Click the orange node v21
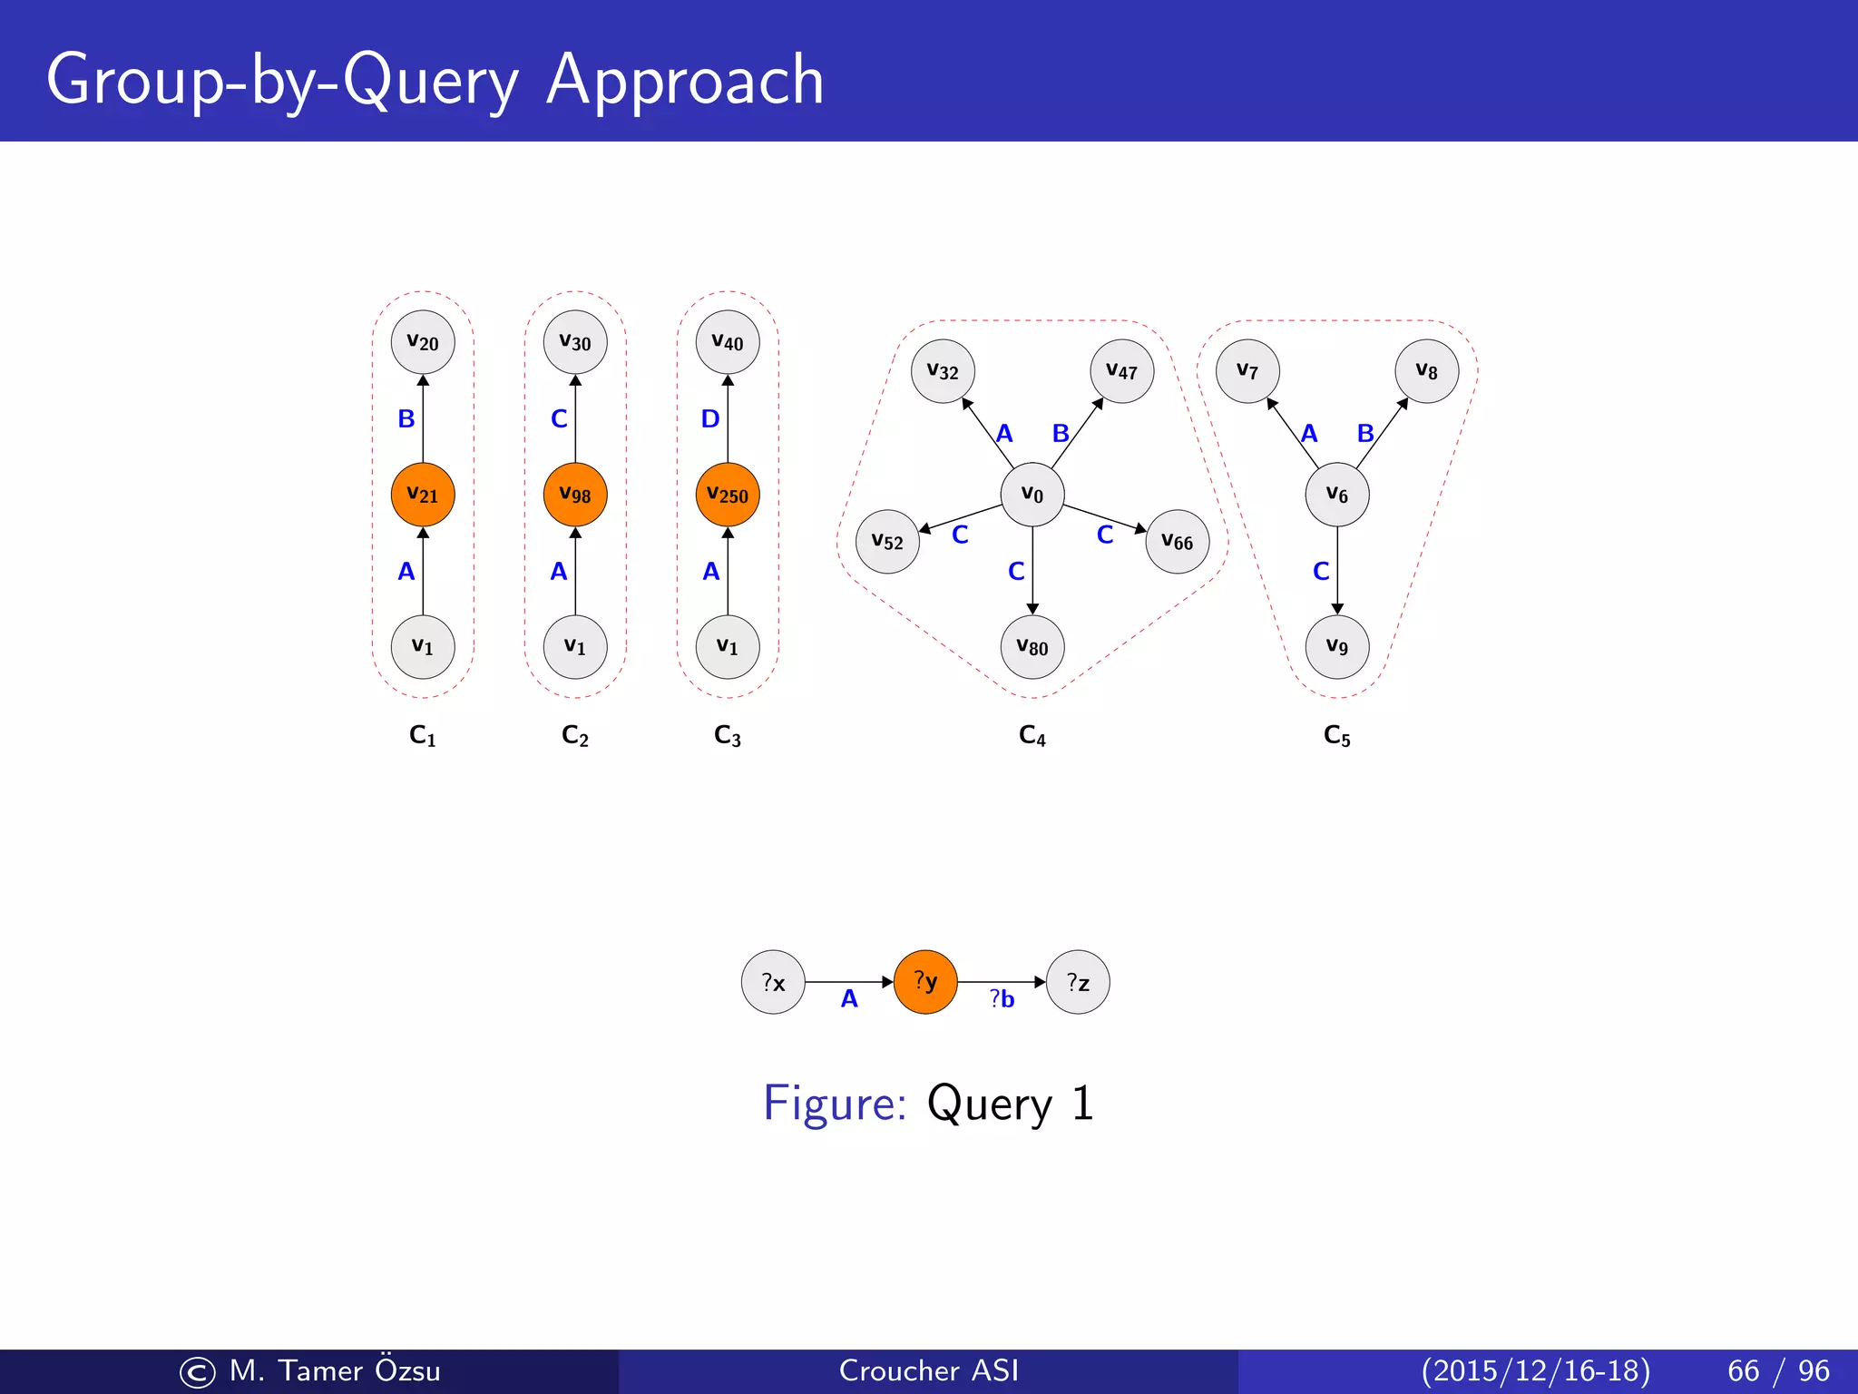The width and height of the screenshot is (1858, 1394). pos(423,495)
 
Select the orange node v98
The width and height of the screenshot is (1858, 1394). pos(575,495)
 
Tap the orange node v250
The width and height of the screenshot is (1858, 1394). pos(728,495)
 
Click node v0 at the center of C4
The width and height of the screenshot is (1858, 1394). pos(1032,495)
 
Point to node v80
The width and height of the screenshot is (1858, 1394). pos(1032,647)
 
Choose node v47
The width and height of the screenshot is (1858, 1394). pos(1122,371)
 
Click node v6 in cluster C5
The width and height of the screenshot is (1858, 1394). pos(1337,495)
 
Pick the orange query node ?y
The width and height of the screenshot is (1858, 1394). pos(925,982)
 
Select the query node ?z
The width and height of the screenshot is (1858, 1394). pos(1078,982)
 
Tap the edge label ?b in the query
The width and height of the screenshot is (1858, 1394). pos(1002,999)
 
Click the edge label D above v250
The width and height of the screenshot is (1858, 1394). pos(710,418)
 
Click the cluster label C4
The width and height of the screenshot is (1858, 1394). pos(1032,735)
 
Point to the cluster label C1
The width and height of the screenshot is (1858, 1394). pos(423,735)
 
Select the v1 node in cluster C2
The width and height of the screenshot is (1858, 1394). pos(575,647)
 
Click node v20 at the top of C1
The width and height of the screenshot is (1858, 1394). pos(423,342)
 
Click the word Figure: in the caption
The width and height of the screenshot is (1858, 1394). pos(835,1104)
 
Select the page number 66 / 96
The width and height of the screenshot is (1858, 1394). pos(1778,1370)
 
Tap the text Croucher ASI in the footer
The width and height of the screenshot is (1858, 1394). pos(928,1370)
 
